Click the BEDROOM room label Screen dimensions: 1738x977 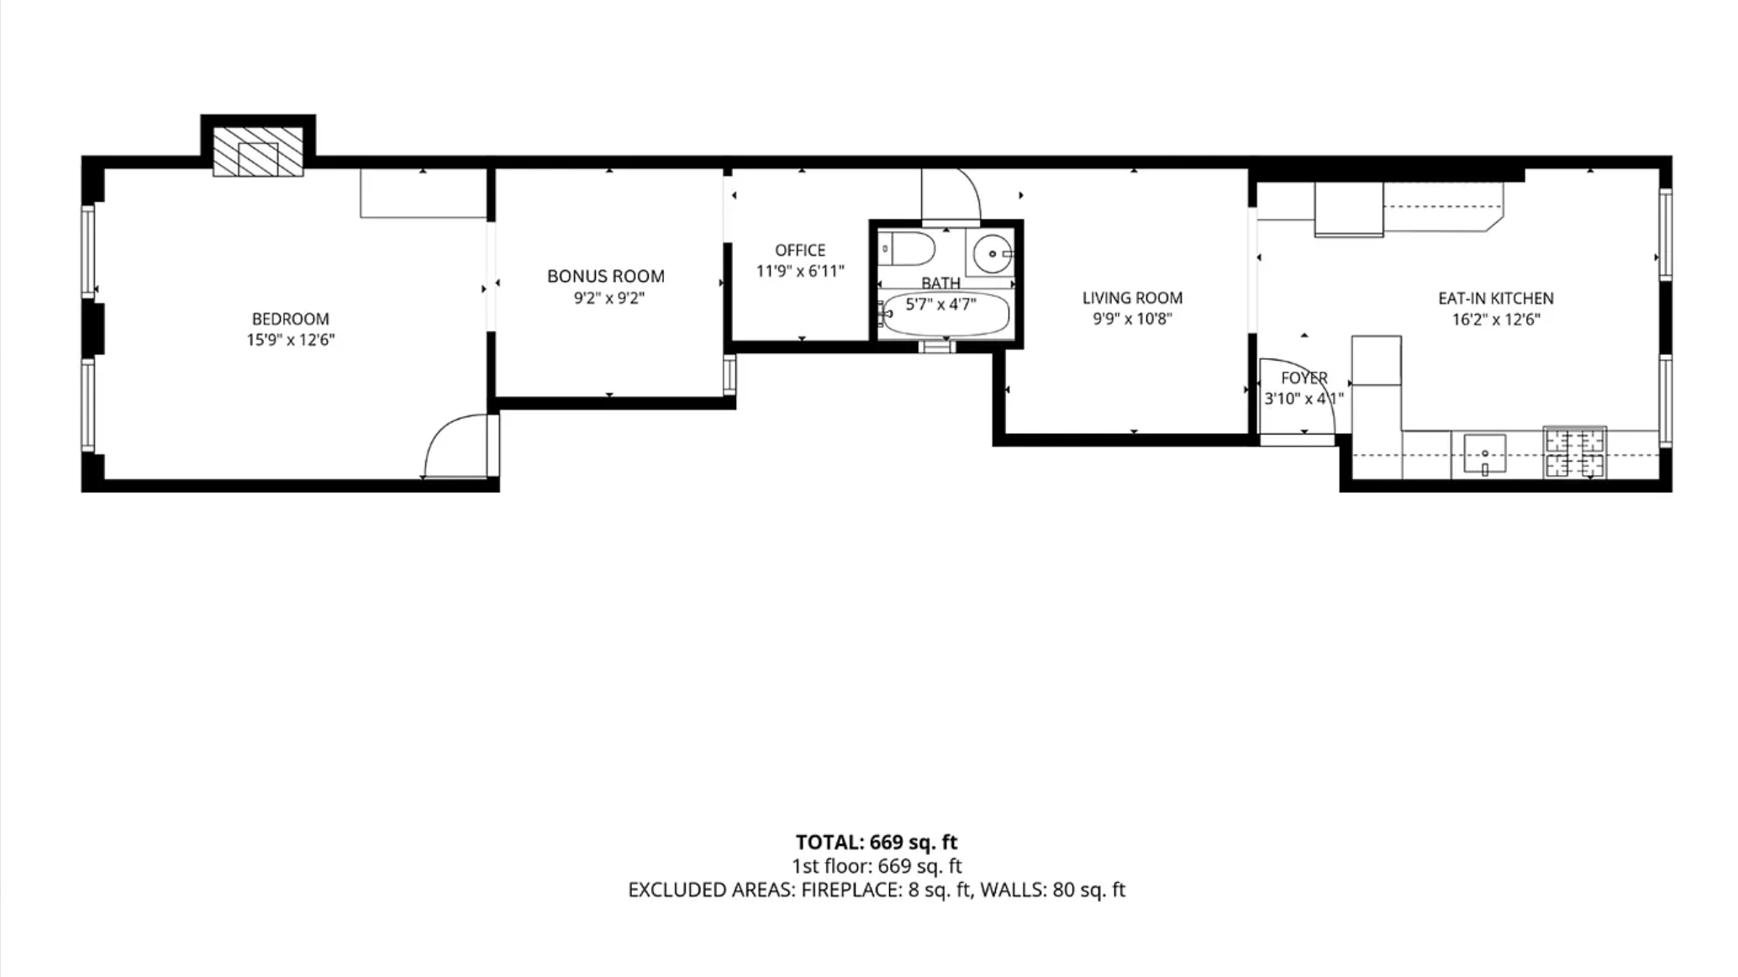(x=291, y=319)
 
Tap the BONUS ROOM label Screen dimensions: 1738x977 (x=606, y=276)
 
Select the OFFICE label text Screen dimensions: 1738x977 (x=800, y=250)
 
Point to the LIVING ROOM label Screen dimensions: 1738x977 (x=1132, y=298)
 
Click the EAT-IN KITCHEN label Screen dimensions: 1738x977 (x=1496, y=298)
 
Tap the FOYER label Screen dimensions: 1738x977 (x=1304, y=378)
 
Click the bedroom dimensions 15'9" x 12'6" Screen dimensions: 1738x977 (x=291, y=340)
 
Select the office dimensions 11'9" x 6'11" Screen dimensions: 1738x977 (x=800, y=271)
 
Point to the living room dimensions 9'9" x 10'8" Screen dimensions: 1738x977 (x=1132, y=319)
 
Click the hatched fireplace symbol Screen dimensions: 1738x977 (x=258, y=152)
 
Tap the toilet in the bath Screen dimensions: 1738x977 (x=907, y=249)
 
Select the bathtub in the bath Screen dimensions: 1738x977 (x=944, y=314)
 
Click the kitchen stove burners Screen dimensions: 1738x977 (x=1575, y=452)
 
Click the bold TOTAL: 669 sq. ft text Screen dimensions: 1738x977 (x=877, y=842)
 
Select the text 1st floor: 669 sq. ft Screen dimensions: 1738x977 (x=877, y=866)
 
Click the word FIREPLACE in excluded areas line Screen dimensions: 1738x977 (x=851, y=890)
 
